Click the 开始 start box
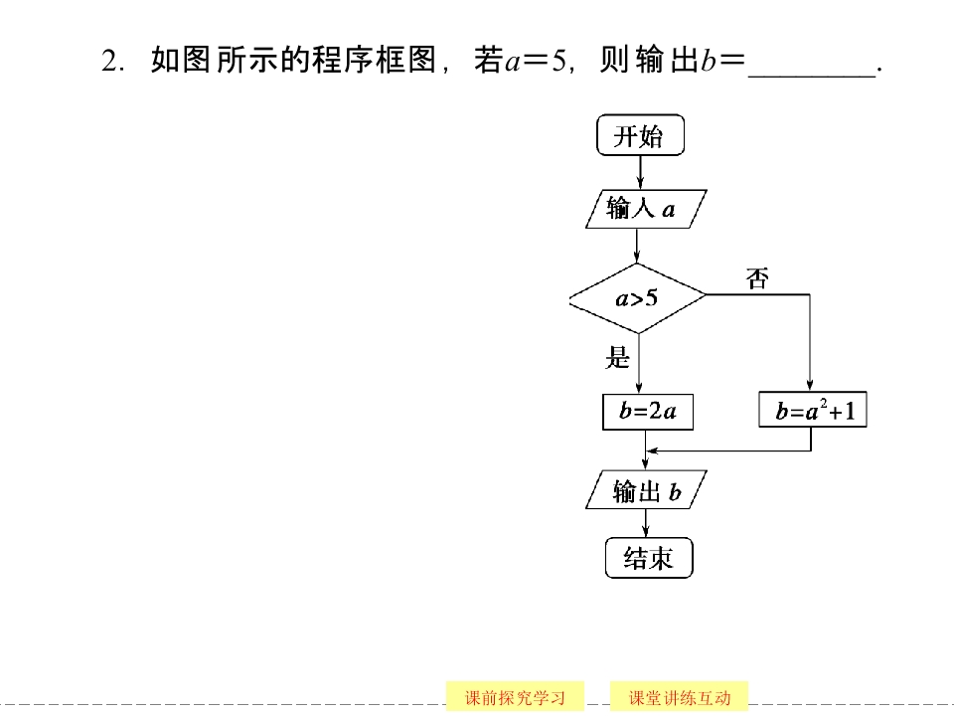click(x=640, y=136)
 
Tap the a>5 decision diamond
click(x=637, y=297)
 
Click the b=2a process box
click(x=647, y=413)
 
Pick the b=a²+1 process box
click(x=813, y=412)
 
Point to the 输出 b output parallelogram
click(x=646, y=491)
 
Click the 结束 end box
click(x=648, y=559)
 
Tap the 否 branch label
click(x=757, y=279)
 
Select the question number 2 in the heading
click(x=110, y=62)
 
